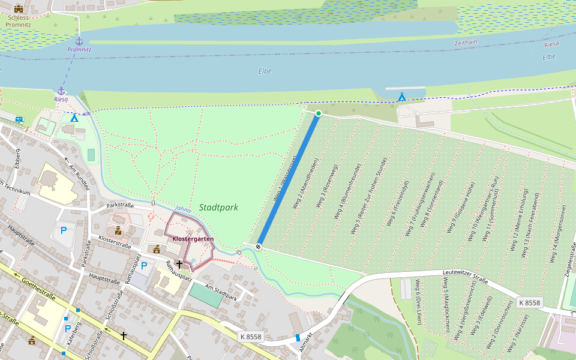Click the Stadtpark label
coord(218,208)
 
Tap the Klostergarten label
coord(193,239)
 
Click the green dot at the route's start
coord(319,113)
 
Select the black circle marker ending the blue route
coord(259,246)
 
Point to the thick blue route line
coord(289,180)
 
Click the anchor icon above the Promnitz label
coord(79,40)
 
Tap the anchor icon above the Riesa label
coord(61,91)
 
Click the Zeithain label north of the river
coord(466,43)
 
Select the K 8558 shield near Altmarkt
coord(250,337)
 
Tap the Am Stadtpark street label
coord(220,292)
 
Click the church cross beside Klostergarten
coord(179,263)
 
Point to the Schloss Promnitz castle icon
coord(19,8)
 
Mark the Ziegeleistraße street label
coord(566,265)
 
